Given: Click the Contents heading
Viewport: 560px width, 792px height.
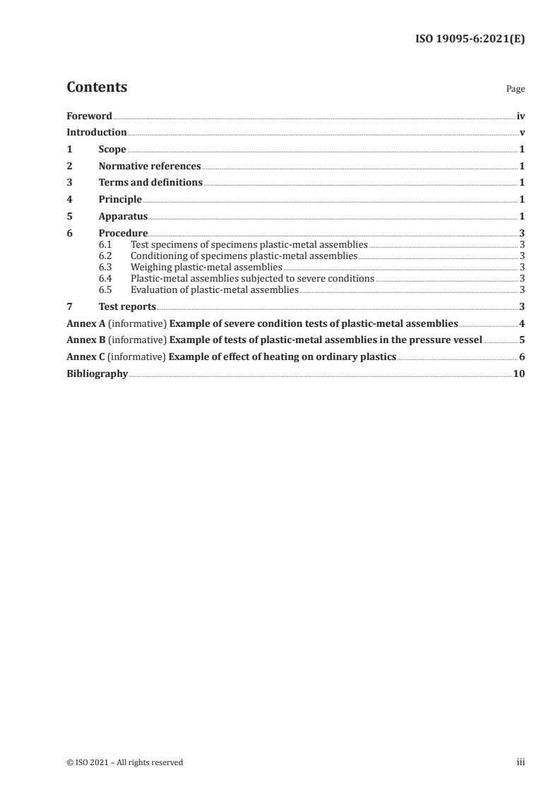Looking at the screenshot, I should point(97,88).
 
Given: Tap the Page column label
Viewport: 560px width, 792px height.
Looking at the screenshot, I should point(516,90).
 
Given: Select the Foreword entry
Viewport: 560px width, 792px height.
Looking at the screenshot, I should point(89,116).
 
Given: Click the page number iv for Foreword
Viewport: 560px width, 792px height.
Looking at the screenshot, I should point(520,116).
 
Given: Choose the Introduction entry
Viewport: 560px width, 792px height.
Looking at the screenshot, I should point(97,132).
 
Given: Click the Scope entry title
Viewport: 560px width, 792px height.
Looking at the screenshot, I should point(112,149).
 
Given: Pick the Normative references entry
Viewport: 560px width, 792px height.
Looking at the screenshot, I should point(150,166).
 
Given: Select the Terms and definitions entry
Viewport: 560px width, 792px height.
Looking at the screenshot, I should point(150,182).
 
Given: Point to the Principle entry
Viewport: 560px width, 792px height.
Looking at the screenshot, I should point(120,199).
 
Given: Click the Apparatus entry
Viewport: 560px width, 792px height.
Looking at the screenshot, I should point(123,216).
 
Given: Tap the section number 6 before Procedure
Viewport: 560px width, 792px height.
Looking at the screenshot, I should point(69,233).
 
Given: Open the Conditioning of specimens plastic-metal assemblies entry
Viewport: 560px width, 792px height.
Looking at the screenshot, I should point(244,256).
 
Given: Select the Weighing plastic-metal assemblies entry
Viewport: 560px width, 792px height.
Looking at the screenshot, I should point(206,267).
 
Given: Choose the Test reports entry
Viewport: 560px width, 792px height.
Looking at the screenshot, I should point(127,306).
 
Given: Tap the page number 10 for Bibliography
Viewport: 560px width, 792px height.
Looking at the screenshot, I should point(519,373).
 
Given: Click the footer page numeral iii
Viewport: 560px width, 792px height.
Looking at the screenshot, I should point(520,762).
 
